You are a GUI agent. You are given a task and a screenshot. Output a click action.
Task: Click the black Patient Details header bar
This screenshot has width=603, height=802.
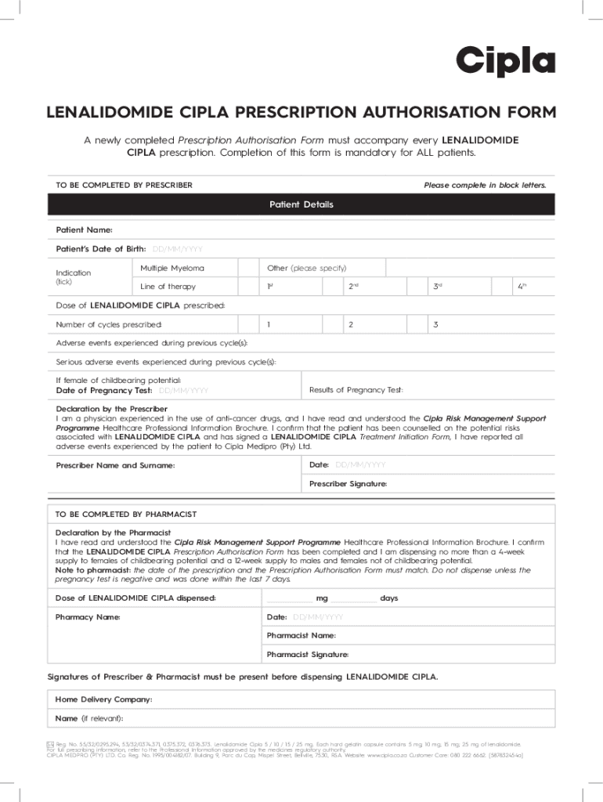point(301,204)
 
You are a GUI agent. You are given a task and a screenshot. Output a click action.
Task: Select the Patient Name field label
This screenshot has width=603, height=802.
point(84,230)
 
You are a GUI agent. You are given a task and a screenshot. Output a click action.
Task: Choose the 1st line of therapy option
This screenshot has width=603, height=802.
point(269,287)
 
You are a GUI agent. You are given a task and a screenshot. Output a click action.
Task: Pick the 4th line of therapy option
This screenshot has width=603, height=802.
point(522,287)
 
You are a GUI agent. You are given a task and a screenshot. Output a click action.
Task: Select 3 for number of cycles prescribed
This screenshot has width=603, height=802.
point(435,324)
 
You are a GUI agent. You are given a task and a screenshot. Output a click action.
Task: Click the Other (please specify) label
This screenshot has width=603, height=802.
point(306,269)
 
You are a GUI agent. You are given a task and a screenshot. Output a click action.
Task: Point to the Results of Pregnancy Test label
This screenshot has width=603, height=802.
point(356,390)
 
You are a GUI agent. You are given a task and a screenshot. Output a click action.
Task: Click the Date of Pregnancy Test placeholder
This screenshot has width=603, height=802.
point(183,390)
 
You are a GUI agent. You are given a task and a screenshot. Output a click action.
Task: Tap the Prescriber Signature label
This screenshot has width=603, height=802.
point(348,484)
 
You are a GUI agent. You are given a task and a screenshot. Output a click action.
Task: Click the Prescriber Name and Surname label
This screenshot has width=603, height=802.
point(115,466)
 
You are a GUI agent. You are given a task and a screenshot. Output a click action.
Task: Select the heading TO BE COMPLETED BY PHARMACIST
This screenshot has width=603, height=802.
point(125,515)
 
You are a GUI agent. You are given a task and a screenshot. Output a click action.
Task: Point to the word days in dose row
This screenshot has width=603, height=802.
point(389,598)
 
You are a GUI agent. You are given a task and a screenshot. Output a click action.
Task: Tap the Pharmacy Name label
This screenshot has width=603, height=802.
point(88,617)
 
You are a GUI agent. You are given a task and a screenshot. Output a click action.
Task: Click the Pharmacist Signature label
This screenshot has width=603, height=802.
point(308,655)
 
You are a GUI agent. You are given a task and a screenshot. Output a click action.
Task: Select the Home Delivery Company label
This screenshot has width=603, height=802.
point(103,699)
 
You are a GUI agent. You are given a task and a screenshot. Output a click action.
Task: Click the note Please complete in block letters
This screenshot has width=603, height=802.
point(485,186)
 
